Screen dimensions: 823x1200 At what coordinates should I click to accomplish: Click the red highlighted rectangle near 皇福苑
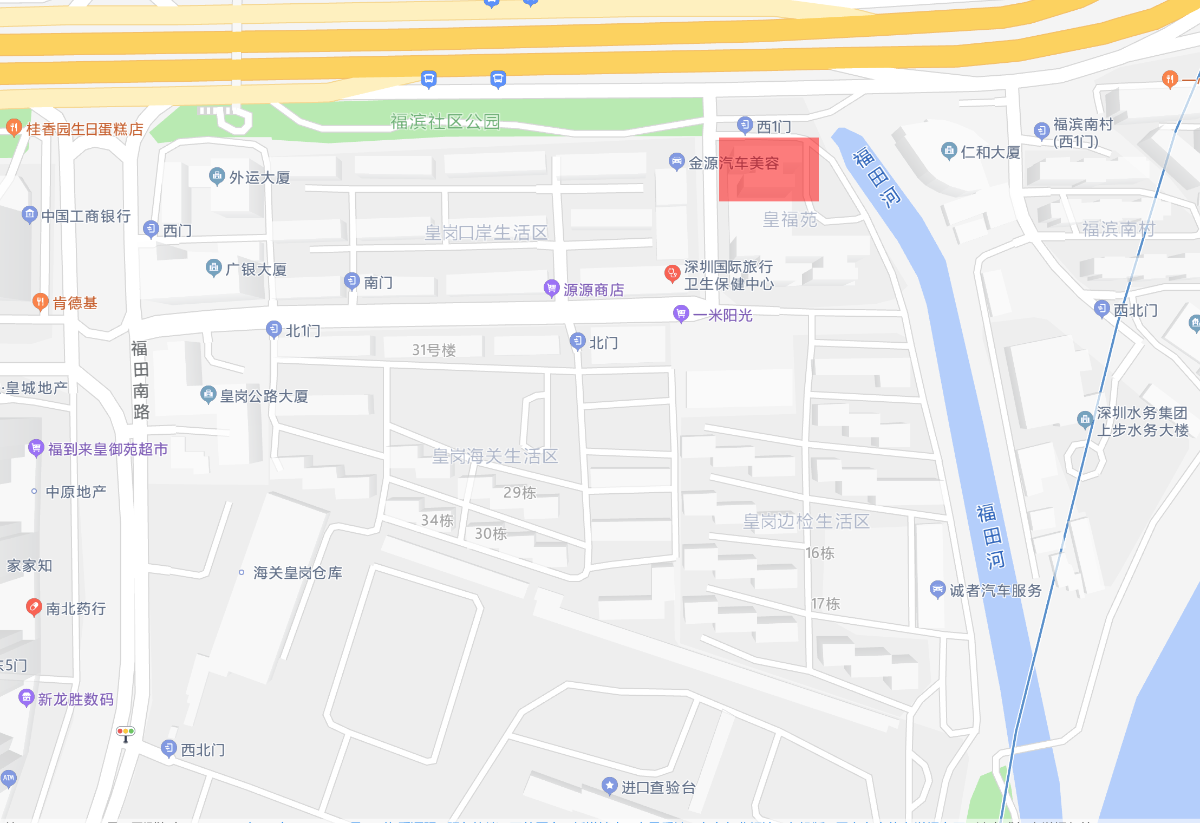[768, 169]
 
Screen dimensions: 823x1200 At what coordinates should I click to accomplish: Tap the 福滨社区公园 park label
[445, 122]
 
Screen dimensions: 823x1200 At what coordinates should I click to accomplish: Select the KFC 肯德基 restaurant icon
[40, 301]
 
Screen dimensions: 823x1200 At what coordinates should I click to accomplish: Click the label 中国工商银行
[86, 216]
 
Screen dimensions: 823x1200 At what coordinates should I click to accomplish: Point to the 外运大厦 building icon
[217, 175]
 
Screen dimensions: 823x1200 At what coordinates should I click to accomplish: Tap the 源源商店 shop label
[594, 290]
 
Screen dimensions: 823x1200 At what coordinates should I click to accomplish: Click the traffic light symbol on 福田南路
[126, 732]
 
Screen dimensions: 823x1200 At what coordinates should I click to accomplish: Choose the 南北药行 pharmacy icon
[34, 607]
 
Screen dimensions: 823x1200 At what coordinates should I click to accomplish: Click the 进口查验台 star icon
[609, 785]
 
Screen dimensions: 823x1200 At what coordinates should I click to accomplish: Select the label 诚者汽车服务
[995, 591]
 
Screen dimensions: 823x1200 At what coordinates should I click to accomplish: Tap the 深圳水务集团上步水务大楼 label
[1142, 421]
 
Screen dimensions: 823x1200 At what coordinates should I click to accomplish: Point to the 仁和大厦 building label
[990, 152]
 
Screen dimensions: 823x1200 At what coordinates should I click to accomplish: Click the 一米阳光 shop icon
[681, 313]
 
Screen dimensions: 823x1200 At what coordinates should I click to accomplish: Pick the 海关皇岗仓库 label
[297, 573]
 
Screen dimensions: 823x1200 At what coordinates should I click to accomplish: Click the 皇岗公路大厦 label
[264, 396]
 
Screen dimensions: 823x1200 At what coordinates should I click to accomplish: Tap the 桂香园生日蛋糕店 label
[84, 129]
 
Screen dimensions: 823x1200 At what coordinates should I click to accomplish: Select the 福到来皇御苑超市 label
[108, 449]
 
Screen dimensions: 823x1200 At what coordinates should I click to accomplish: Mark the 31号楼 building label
[434, 350]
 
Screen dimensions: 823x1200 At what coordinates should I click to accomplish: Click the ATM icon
[9, 778]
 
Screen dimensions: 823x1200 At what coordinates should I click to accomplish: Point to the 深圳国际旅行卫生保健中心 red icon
[672, 273]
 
